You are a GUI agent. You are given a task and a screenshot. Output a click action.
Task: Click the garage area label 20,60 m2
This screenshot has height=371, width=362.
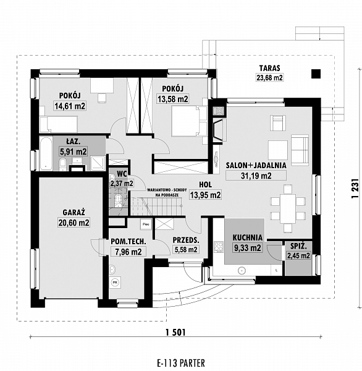[x=74, y=223]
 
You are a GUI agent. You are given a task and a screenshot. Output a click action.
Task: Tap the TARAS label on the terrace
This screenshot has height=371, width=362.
[x=269, y=68]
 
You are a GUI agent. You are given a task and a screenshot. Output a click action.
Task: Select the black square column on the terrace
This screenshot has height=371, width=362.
[x=316, y=74]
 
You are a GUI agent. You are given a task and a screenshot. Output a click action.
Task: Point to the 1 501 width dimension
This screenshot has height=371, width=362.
[x=175, y=333]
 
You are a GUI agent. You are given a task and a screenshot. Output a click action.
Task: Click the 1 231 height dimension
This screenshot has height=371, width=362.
[x=355, y=189]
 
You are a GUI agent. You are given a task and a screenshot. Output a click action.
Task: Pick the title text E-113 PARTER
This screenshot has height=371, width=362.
[x=181, y=363]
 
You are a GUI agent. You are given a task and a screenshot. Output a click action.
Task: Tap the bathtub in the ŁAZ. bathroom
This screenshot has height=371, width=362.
[x=46, y=153]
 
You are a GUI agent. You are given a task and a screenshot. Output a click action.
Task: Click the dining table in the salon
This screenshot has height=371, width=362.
[x=288, y=208]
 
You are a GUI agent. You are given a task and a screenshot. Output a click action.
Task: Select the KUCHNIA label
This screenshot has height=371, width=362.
[x=247, y=237]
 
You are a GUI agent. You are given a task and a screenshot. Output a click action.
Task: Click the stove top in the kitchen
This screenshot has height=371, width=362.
[x=219, y=247]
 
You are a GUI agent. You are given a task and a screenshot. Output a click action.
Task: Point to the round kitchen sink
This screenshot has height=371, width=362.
[x=242, y=270]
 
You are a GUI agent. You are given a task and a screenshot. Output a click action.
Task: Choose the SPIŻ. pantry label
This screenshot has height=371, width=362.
[x=298, y=246]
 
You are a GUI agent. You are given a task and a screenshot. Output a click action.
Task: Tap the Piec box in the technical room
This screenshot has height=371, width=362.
[x=146, y=224]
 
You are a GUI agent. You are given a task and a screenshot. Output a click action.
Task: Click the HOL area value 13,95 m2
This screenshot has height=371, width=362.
[x=206, y=195]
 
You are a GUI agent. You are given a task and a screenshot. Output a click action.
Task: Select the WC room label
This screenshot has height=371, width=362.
[x=122, y=174]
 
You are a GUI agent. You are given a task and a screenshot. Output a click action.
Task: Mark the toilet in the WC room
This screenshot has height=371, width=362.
[x=117, y=200]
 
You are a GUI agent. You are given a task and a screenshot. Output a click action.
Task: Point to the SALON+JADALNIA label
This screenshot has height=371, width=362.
[x=256, y=165]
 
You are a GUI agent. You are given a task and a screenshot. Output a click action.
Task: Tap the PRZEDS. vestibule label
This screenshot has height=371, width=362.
[x=186, y=240]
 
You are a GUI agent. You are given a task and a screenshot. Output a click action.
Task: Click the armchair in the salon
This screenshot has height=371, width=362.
[x=278, y=122]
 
